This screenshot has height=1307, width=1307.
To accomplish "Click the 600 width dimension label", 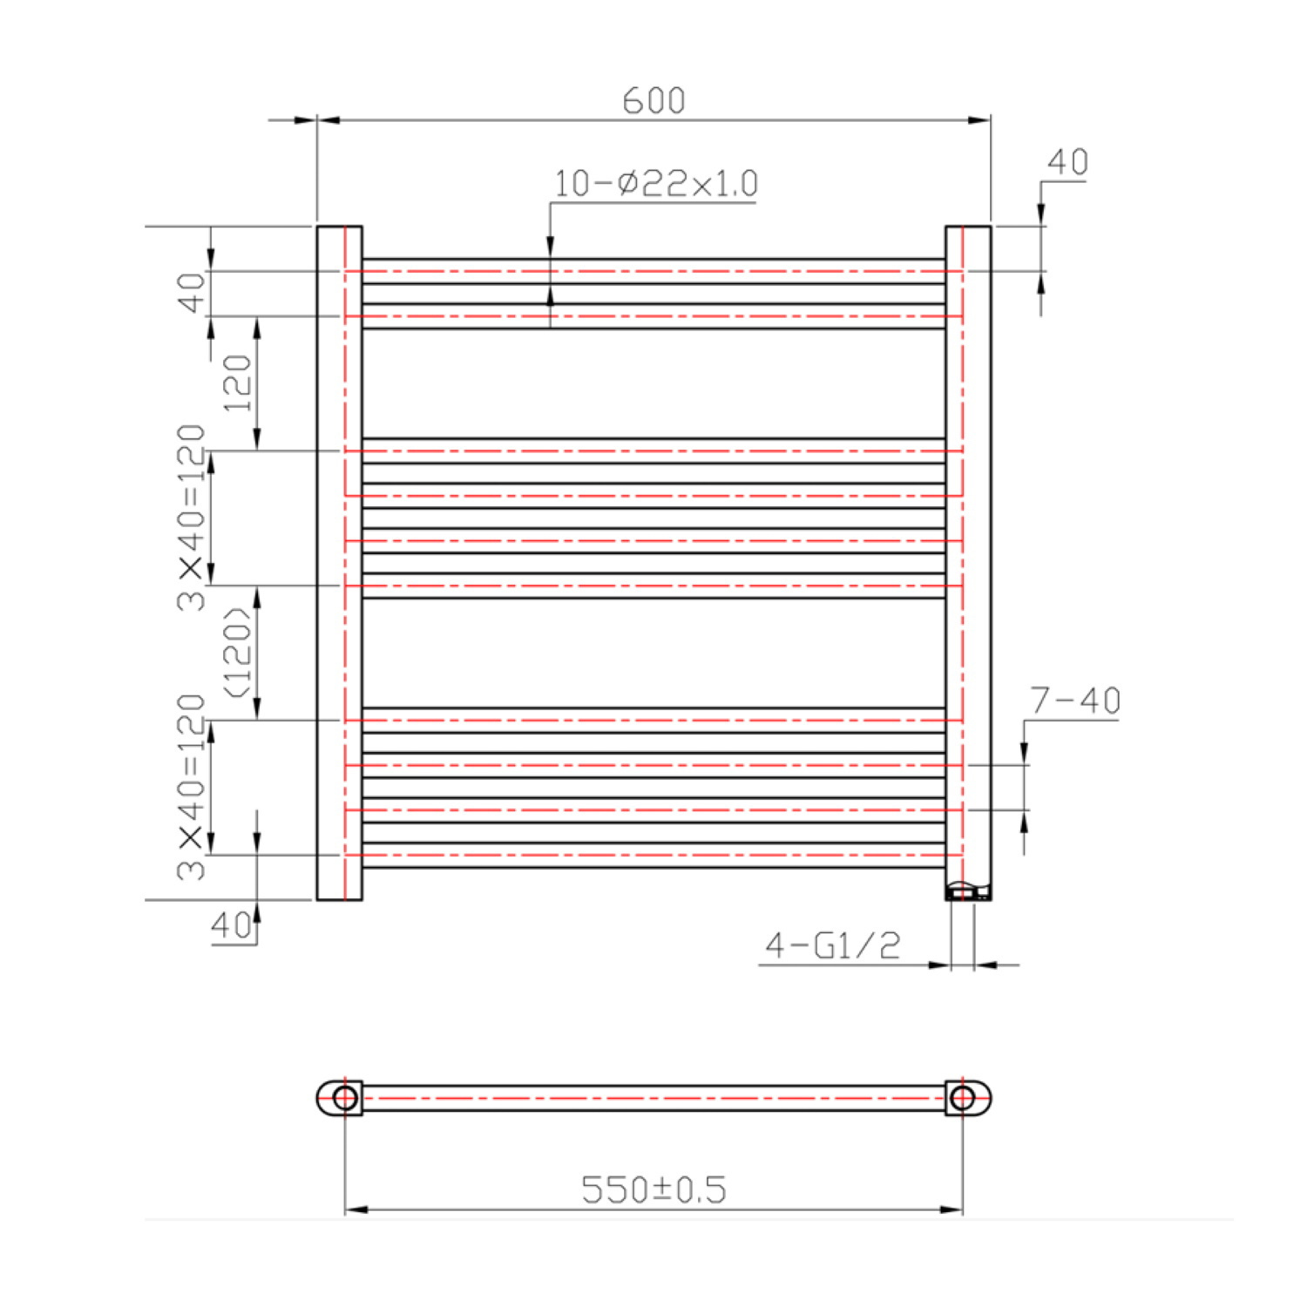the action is (653, 100).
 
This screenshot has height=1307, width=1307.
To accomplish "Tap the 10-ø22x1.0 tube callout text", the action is (655, 184).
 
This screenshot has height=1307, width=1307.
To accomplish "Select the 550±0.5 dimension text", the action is (653, 1189).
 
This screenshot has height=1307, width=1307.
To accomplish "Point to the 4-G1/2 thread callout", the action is (832, 945).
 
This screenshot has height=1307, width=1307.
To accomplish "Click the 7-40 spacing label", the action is (1074, 701).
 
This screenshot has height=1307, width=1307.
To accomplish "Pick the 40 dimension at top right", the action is (1067, 162).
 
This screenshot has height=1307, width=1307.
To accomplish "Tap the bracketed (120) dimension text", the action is (238, 652).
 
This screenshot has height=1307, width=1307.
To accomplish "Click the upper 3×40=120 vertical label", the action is (192, 517).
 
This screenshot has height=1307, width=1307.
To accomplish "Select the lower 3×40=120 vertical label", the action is (192, 786).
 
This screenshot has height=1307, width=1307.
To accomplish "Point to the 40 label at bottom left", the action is (231, 925).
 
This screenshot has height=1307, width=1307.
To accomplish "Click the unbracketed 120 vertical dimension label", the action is (238, 383).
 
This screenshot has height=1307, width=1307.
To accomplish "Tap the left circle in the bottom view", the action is (345, 1098).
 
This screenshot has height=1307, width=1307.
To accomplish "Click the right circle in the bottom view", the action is (962, 1098).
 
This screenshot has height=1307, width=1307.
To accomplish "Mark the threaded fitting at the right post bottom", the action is (967, 891).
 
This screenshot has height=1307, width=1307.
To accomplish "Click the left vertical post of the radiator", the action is (339, 563).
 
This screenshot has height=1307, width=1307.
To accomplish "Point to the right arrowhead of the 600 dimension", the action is (979, 119).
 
